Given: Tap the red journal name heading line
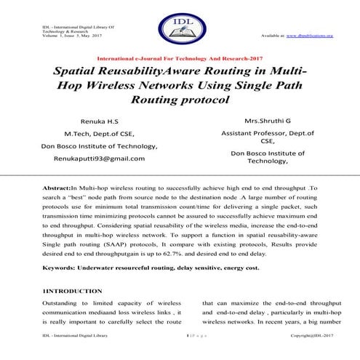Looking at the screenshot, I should pyautogui.click(x=180, y=57).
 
